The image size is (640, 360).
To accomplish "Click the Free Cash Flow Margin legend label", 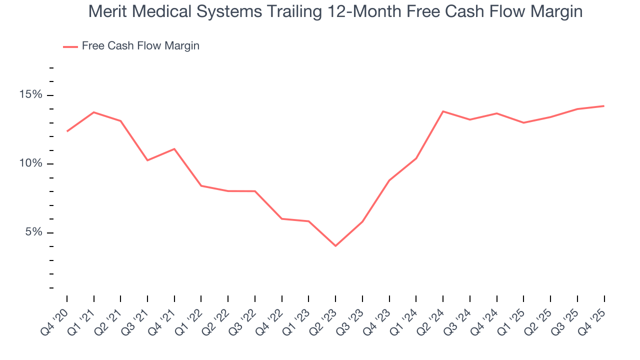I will [x=140, y=46].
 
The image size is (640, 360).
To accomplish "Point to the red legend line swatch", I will [x=70, y=46].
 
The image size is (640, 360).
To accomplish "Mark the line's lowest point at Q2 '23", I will [x=335, y=245].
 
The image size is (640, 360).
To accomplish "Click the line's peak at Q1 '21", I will [x=94, y=112].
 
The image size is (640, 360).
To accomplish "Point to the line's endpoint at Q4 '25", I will [x=604, y=106].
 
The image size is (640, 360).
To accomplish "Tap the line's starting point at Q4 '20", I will [x=67, y=131].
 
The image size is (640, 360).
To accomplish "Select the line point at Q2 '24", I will [x=443, y=111].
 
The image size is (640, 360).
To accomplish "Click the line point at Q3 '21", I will [x=147, y=160].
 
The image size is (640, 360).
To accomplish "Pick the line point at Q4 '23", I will [x=389, y=180].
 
